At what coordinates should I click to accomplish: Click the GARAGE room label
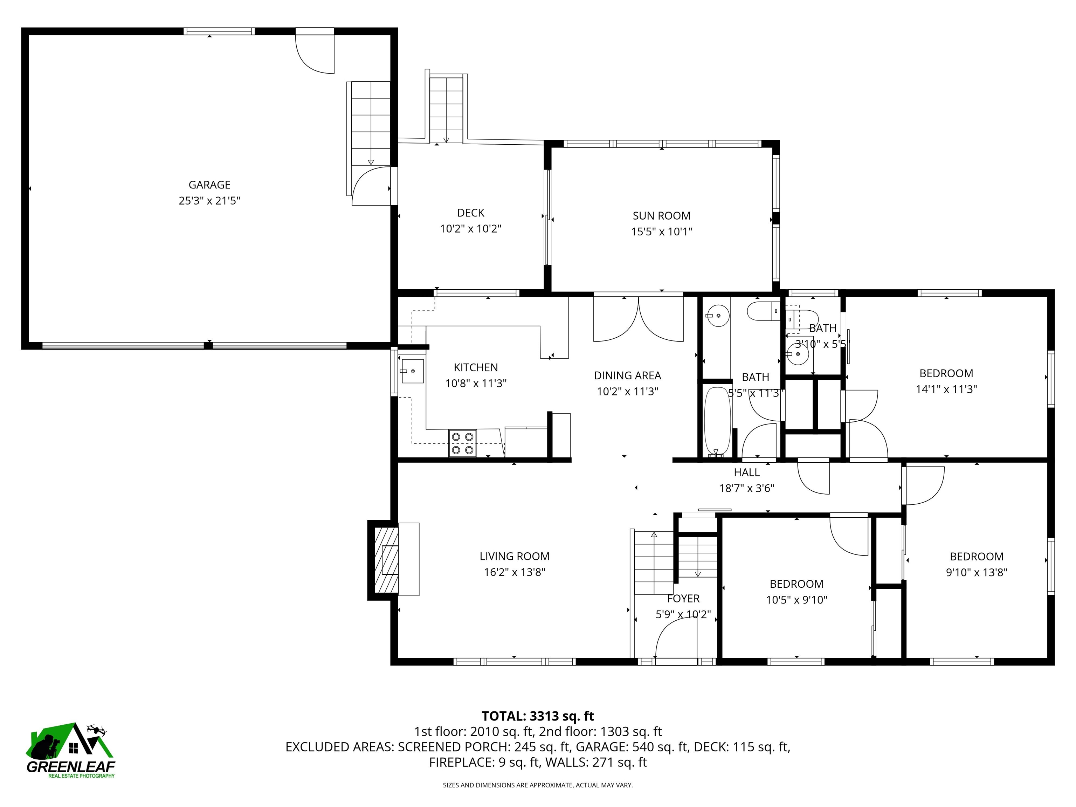[209, 185]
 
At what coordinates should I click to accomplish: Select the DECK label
[470, 213]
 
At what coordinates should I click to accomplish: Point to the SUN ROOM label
[661, 215]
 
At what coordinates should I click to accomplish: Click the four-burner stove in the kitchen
[462, 443]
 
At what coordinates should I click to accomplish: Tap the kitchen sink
[412, 371]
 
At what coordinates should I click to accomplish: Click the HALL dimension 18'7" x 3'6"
[746, 488]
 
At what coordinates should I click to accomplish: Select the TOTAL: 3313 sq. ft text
[538, 716]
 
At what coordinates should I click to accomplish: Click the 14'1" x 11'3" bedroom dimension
[946, 389]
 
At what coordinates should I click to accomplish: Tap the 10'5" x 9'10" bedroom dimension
[796, 600]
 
